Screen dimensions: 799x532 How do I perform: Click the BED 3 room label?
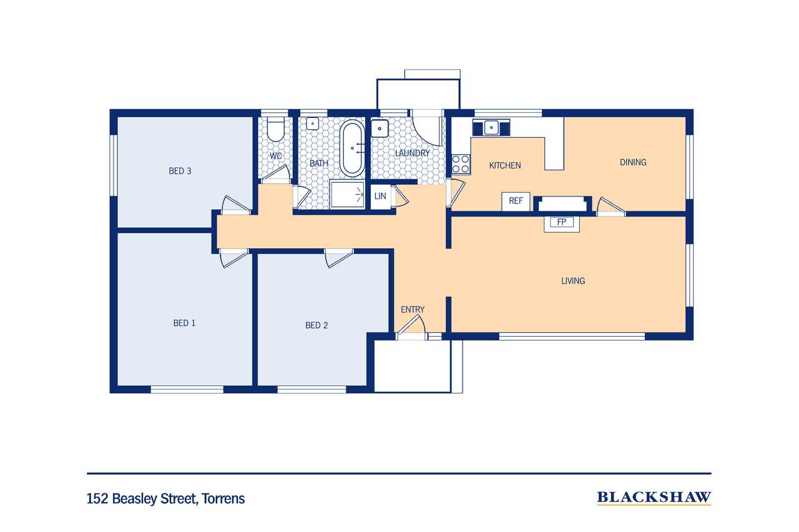click(x=180, y=171)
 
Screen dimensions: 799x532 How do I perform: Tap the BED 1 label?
click(x=184, y=323)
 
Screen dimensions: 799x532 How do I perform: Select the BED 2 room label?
click(x=316, y=326)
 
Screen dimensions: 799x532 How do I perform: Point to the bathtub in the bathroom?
click(x=352, y=148)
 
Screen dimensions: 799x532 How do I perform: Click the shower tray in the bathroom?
click(x=348, y=194)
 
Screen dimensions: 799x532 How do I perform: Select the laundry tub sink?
click(x=380, y=128)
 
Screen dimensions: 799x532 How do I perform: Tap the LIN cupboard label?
click(x=380, y=196)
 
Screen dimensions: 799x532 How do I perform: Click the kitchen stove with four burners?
click(x=461, y=164)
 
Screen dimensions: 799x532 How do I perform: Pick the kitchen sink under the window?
click(x=491, y=128)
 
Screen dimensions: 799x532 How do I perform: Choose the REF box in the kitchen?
click(x=516, y=201)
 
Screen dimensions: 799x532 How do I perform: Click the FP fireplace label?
click(x=561, y=223)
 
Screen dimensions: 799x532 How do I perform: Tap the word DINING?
click(x=633, y=163)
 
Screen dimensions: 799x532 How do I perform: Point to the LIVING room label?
click(x=573, y=281)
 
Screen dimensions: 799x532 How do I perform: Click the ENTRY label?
click(x=413, y=309)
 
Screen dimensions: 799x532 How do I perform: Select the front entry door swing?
click(x=411, y=325)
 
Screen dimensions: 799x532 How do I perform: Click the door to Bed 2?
click(x=339, y=258)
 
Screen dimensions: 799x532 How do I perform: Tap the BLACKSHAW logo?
click(x=654, y=497)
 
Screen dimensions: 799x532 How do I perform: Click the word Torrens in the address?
click(x=223, y=498)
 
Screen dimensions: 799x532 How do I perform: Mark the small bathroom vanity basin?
click(x=313, y=123)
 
